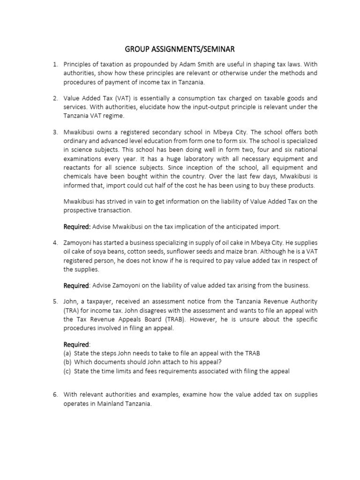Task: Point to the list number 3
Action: (54, 132)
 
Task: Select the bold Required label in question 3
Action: (77, 227)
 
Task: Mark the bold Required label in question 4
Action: (76, 285)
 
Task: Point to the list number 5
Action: (54, 301)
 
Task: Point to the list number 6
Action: (54, 395)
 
